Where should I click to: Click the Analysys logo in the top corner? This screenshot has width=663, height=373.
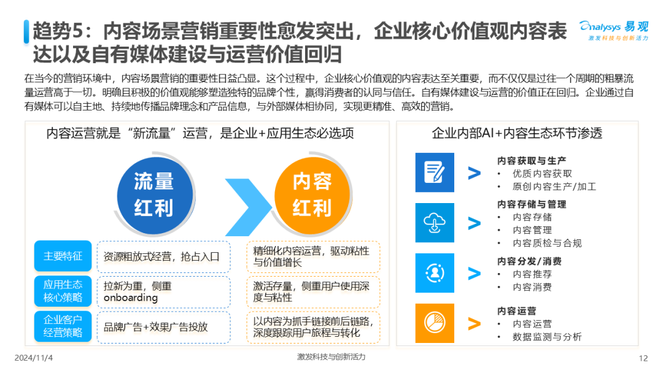click(x=614, y=31)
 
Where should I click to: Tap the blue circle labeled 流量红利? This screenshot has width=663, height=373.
click(x=155, y=195)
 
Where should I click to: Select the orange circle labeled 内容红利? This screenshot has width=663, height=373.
click(x=312, y=195)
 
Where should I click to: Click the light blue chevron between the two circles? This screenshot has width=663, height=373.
click(x=249, y=207)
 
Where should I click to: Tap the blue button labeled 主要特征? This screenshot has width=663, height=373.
click(x=63, y=256)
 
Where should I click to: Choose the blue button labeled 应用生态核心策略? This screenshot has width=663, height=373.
click(x=63, y=291)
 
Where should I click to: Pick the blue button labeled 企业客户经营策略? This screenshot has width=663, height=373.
click(x=63, y=326)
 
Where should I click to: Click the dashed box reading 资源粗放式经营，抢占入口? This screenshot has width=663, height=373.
click(x=164, y=257)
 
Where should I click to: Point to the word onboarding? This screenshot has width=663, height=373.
click(x=131, y=298)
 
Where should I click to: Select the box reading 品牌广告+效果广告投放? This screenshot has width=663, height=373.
click(x=164, y=328)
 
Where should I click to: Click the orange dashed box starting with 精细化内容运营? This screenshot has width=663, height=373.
click(x=313, y=257)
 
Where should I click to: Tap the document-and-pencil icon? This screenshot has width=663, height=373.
click(x=435, y=172)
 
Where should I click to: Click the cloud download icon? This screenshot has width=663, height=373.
click(x=435, y=223)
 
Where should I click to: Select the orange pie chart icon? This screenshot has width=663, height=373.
click(x=435, y=323)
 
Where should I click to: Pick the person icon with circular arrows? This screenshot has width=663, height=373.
click(x=435, y=273)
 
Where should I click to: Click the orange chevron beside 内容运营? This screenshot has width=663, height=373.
click(x=475, y=323)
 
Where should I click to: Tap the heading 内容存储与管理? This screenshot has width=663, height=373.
click(x=532, y=204)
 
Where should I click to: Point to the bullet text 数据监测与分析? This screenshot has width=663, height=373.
click(x=547, y=337)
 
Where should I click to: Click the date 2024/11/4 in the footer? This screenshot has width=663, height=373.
click(x=34, y=358)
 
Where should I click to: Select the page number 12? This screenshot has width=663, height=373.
click(x=643, y=358)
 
